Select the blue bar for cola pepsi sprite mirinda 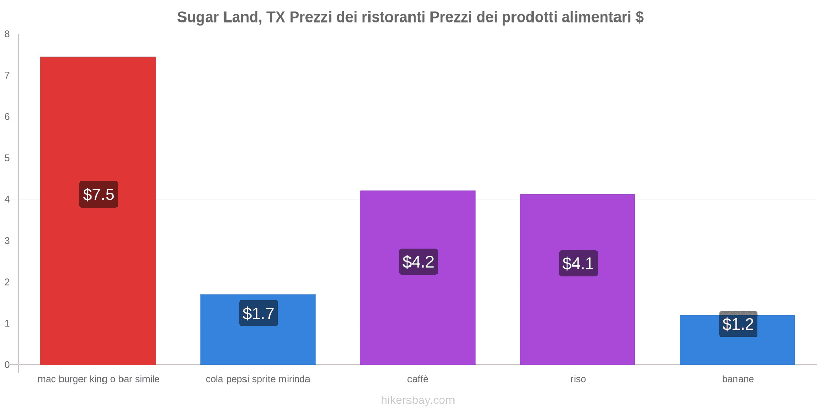[x=258, y=343]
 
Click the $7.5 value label [x=98, y=195]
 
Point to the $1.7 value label [x=258, y=313]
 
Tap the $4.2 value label [x=418, y=262]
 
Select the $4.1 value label [x=578, y=263]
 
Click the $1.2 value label [x=738, y=324]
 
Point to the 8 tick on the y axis [x=7, y=34]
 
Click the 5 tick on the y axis [x=7, y=158]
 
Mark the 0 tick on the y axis [x=7, y=365]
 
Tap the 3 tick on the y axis [x=7, y=241]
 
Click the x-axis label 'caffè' [x=418, y=379]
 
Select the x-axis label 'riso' [x=578, y=379]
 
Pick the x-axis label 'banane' [x=737, y=379]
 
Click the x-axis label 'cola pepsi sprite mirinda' [x=258, y=379]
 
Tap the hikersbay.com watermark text [x=418, y=400]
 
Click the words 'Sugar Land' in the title [x=218, y=17]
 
